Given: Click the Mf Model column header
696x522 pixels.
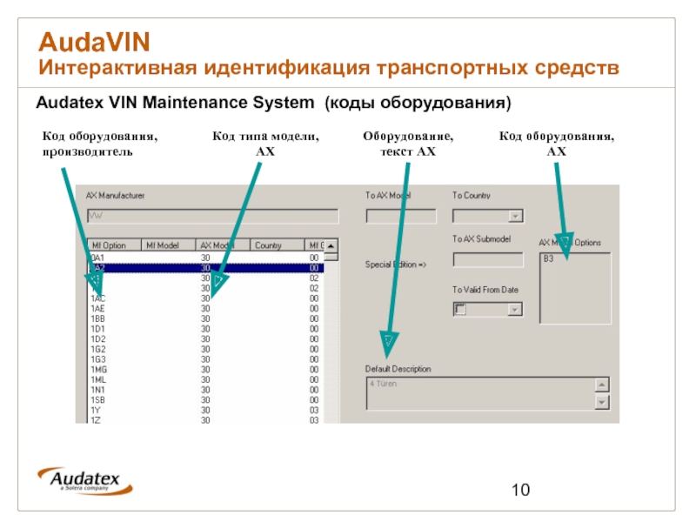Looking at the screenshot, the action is (163, 245).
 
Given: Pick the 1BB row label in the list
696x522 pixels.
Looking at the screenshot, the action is (97, 318).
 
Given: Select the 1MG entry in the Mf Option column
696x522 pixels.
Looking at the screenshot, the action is (98, 369).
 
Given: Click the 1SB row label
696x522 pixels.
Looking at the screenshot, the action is (97, 399).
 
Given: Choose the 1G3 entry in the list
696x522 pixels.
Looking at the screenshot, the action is (97, 358).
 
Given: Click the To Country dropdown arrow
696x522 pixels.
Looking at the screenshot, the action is (515, 217).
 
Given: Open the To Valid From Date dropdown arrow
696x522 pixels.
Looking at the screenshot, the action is (515, 309).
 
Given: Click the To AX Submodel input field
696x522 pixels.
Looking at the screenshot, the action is (488, 260).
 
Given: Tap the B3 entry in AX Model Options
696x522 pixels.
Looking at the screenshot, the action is (549, 259).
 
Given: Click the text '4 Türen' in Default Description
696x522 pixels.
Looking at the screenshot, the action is (384, 384).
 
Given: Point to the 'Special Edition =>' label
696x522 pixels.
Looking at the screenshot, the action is (396, 264).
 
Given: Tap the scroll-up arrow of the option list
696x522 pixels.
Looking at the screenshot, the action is (331, 245).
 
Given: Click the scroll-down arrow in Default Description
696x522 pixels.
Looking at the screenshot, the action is (601, 402).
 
